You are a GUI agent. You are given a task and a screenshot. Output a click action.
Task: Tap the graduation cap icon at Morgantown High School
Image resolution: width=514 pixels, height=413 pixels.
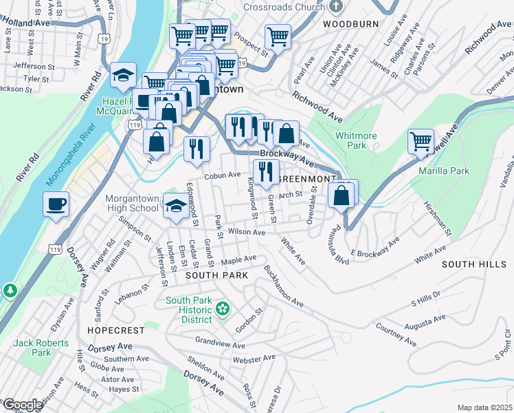coord(176,206)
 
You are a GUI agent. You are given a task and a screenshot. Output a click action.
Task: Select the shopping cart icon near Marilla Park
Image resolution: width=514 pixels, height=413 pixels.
coord(421,142)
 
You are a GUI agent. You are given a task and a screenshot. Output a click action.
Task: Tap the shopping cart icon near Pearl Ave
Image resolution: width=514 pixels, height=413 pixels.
coord(278,36)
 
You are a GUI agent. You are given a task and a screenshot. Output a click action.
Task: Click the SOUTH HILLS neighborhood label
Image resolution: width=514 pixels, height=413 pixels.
coord(474,264)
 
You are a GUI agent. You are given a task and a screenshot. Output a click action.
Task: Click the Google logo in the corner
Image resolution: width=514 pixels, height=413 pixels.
coord(23,405)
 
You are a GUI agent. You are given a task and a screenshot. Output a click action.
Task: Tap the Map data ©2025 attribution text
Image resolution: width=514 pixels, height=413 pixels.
coord(484,407)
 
